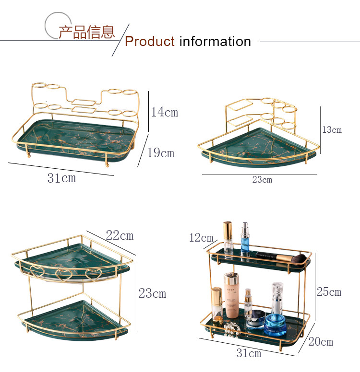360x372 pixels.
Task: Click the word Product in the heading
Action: pos(149,42)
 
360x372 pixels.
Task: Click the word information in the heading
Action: pos(215,42)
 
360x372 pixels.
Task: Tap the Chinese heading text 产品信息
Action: pos(87,32)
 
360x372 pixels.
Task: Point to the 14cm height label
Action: pos(164,112)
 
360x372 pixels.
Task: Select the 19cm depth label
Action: pos(160,153)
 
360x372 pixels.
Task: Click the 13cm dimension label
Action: pos(332,129)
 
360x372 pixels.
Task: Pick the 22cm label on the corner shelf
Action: pos(120,235)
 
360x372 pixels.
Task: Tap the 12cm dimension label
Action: pos(201,237)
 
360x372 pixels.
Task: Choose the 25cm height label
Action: pos(329,291)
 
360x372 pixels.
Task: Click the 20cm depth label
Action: pos(321,342)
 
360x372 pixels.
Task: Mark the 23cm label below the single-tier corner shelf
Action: pos(262,180)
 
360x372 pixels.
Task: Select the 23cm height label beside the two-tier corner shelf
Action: pos(152,293)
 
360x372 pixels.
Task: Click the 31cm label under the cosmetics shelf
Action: pos(249,353)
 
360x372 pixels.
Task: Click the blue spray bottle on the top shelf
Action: pos(245,237)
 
